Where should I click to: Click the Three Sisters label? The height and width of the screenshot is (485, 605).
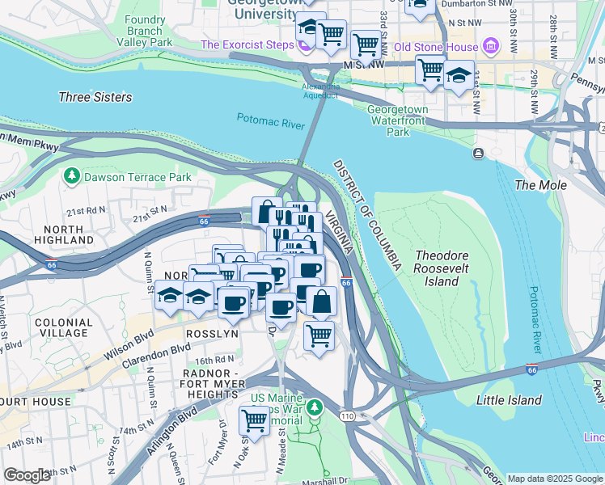[95, 97]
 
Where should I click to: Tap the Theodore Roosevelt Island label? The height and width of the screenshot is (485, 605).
[442, 268]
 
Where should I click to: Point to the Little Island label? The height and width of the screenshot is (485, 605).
[509, 400]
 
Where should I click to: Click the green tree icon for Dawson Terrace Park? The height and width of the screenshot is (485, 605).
[72, 175]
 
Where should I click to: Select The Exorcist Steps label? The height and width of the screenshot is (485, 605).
[247, 44]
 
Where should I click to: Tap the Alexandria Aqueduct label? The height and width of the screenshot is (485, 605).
[319, 91]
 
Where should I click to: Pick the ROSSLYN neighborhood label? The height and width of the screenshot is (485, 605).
[212, 333]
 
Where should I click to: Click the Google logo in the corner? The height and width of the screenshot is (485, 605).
[27, 475]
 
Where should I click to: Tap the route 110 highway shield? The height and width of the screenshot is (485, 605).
[346, 415]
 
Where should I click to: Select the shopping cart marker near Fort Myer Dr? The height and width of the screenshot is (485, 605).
[255, 419]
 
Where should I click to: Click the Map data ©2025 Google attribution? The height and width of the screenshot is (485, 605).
[553, 479]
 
